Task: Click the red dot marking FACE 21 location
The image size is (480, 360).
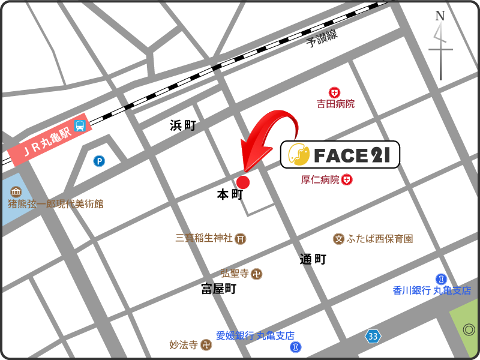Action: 243,182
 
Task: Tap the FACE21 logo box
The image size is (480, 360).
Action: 340,155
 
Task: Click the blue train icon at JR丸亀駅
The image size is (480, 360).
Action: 80,125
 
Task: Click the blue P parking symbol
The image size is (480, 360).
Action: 98,161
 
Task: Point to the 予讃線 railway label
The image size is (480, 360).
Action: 322,38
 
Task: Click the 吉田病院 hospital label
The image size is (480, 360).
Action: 336,104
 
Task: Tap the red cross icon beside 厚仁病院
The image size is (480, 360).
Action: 347,179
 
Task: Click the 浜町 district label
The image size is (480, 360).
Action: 183,125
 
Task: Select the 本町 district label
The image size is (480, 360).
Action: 230,194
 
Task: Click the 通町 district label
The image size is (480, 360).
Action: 313,259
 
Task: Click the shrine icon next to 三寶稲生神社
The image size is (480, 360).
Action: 241,239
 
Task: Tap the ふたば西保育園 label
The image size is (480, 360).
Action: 380,239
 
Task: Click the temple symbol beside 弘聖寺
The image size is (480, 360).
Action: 257,274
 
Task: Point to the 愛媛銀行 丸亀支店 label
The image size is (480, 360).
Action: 256,335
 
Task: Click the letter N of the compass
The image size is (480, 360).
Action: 440,16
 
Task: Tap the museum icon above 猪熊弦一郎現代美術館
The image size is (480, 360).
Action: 16,192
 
